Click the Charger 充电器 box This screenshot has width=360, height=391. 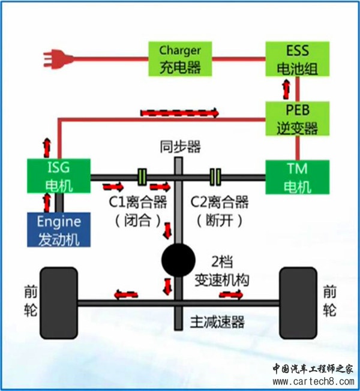(181, 58)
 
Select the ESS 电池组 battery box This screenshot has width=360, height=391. (298, 58)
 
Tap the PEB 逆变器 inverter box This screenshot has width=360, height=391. (298, 118)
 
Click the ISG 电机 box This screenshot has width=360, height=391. (59, 176)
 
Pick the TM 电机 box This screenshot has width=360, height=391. (298, 176)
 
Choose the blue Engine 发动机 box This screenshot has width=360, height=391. (59, 229)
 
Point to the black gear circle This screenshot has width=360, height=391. (179, 260)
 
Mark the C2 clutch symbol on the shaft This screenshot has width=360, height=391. (215, 176)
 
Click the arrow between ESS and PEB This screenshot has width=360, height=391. (286, 89)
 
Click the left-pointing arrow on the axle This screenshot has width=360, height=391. (127, 294)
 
